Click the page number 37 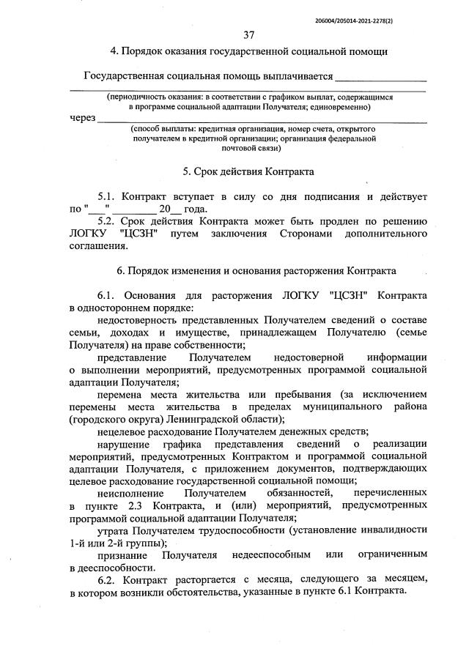pos(248,34)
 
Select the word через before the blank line pos(83,118)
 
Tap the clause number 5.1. pos(108,197)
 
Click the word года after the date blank pos(196,209)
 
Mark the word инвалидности pos(395,530)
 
